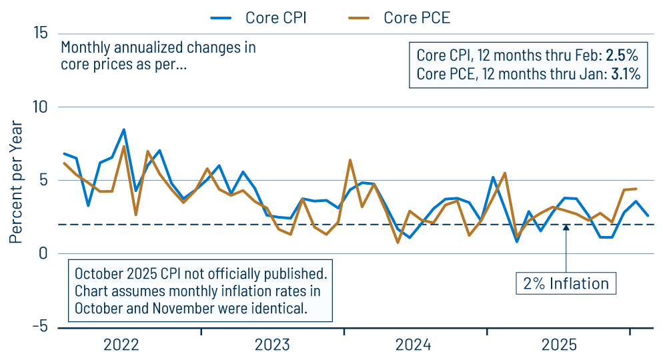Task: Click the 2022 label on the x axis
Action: (121, 345)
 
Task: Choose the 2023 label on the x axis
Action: (272, 345)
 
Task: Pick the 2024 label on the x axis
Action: (414, 345)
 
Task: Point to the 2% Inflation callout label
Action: (566, 283)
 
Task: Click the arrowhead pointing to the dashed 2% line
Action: (566, 228)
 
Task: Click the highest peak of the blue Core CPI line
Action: (123, 129)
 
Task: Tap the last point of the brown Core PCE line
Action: (635, 189)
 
